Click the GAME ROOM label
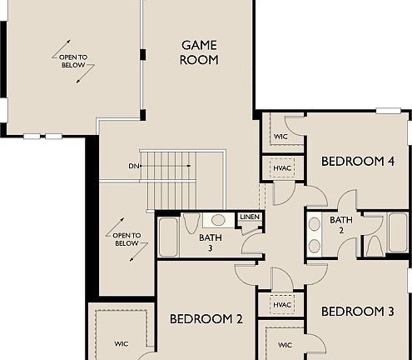[x=200, y=52]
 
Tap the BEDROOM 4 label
[x=357, y=161]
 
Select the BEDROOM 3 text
[x=357, y=312]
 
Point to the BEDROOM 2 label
[x=206, y=318]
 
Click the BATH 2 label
[x=341, y=225]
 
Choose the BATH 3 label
[x=211, y=242]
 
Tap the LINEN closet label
[x=250, y=217]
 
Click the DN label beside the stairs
[x=133, y=166]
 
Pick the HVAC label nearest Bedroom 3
[x=281, y=306]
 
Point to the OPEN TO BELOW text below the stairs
[x=126, y=239]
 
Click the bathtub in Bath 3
[x=167, y=238]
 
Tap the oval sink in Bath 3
[x=218, y=221]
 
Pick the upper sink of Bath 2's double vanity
[x=315, y=224]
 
